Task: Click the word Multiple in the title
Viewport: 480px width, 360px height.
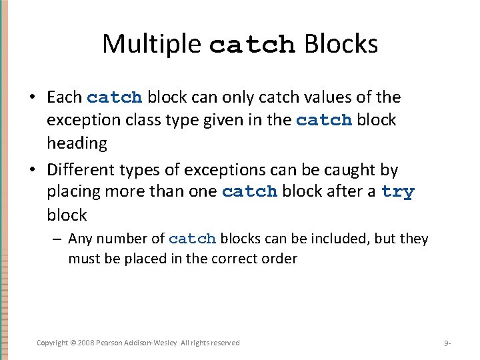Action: click(151, 44)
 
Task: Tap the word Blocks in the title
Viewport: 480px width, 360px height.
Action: click(341, 44)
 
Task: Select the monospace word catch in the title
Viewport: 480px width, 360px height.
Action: click(252, 45)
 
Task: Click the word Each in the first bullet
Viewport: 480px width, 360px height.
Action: click(65, 97)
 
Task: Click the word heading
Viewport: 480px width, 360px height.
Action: click(77, 143)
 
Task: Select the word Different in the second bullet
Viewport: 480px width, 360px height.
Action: click(79, 169)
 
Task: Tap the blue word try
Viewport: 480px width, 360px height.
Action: click(397, 192)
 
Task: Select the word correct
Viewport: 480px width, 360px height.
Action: click(235, 259)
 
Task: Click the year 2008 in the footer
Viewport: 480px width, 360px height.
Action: click(87, 343)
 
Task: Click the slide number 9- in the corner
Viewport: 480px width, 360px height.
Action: click(447, 343)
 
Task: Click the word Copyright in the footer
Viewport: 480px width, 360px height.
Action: click(52, 343)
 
